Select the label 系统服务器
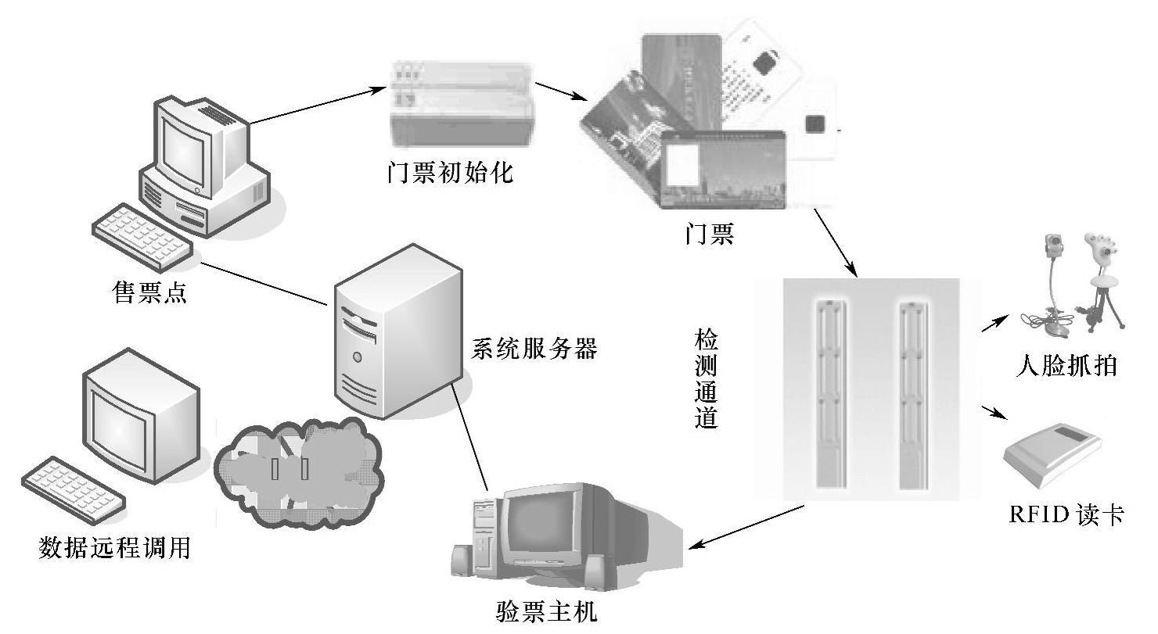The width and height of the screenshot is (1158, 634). pos(534,349)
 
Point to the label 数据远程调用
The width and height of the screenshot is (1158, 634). pos(114,546)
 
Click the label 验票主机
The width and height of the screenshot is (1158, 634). pos(547,611)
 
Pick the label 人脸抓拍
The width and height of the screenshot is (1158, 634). pos(1066,367)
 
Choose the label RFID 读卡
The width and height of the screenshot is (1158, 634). pos(1066,515)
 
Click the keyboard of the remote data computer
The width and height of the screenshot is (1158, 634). pos(73,489)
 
